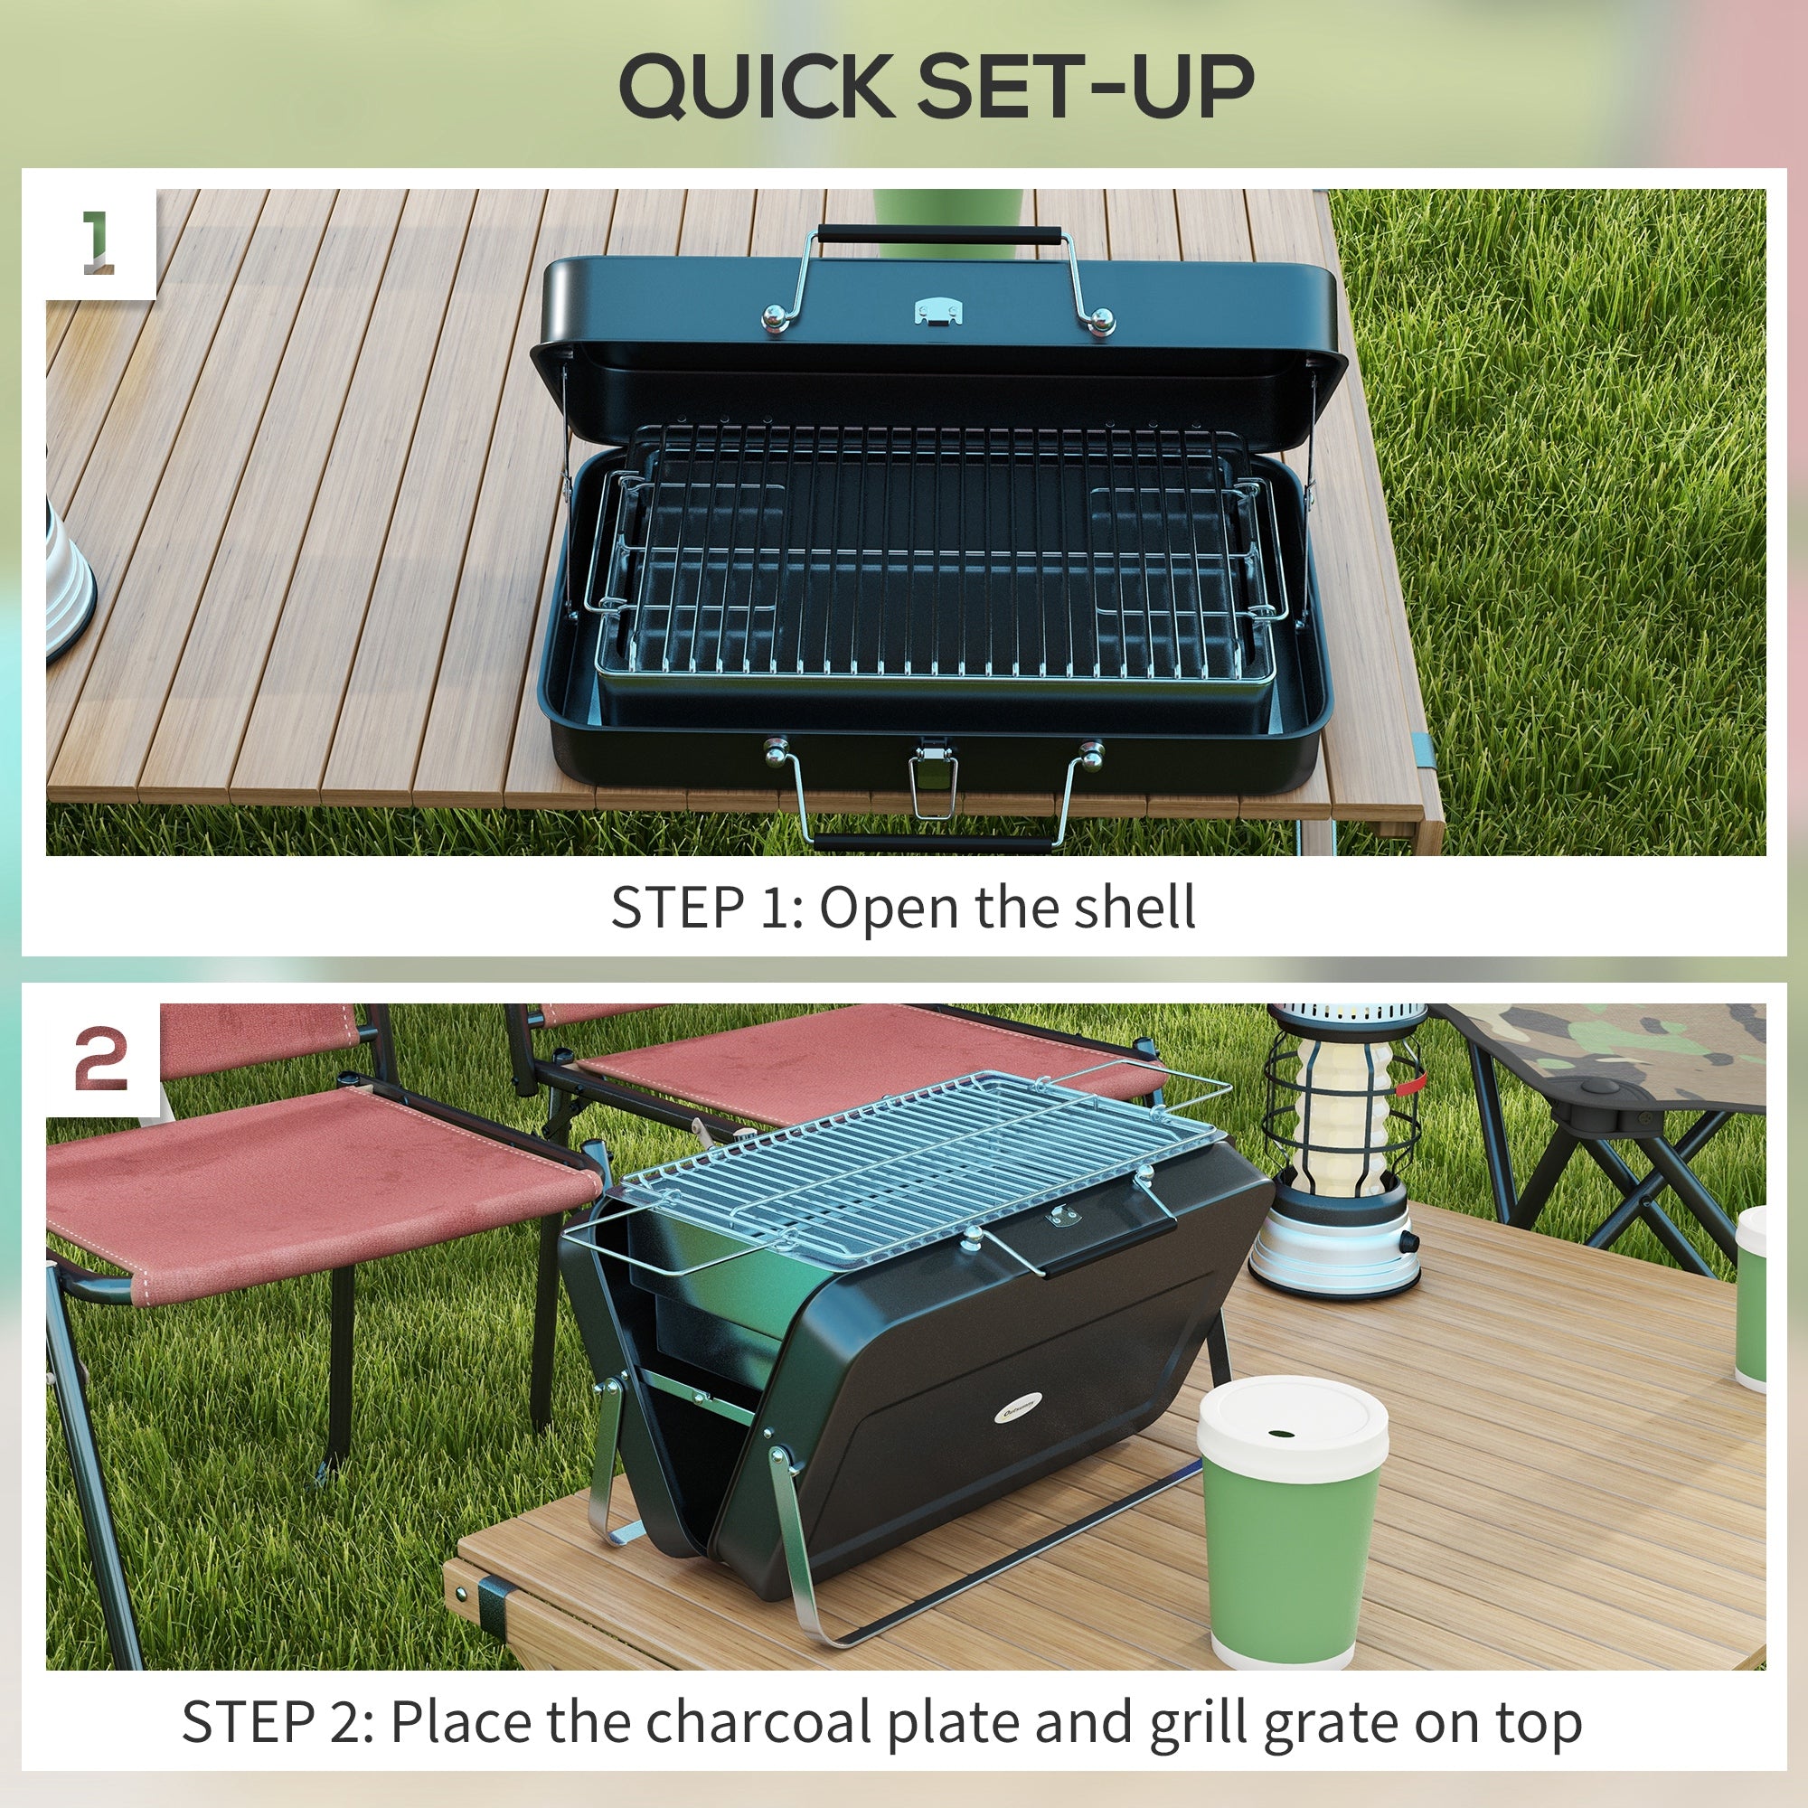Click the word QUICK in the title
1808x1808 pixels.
click(x=756, y=86)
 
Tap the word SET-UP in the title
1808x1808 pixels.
click(x=1086, y=86)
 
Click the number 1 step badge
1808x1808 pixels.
click(x=99, y=242)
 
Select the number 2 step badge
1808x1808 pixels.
click(x=101, y=1059)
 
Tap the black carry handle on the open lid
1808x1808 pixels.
click(x=938, y=233)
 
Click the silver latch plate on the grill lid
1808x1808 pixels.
click(x=937, y=311)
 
